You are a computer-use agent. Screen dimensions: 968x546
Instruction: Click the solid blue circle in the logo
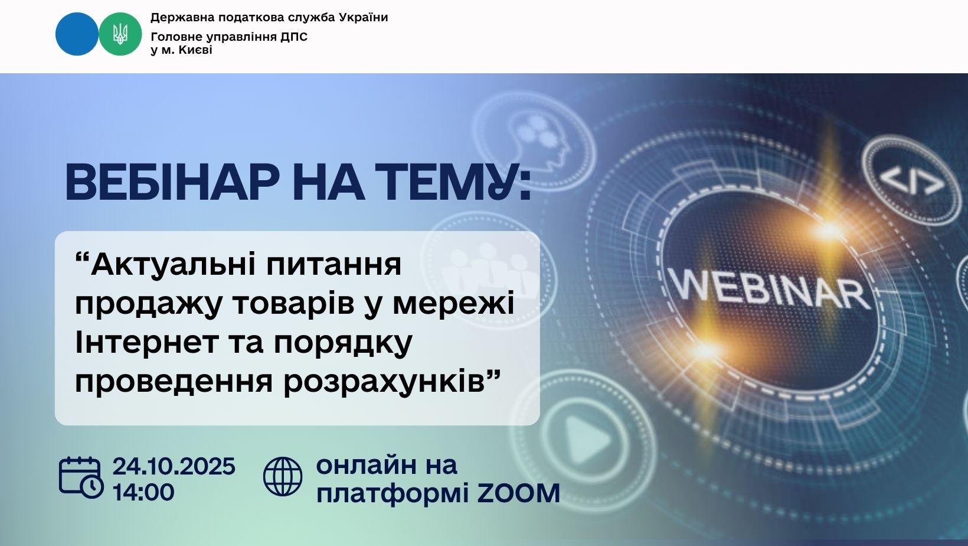coord(77,34)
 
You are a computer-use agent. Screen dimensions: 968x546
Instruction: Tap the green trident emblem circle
coord(120,34)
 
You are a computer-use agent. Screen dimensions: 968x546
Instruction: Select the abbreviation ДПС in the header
coord(294,37)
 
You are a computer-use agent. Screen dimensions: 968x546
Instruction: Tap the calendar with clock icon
coord(81,477)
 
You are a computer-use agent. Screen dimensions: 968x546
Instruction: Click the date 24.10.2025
coord(174,466)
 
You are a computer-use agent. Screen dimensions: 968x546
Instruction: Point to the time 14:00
coord(143,492)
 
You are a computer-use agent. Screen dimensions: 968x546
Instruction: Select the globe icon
coord(283,476)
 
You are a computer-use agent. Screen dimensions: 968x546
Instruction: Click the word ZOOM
coord(519,493)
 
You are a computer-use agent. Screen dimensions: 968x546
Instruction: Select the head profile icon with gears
coord(535,141)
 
